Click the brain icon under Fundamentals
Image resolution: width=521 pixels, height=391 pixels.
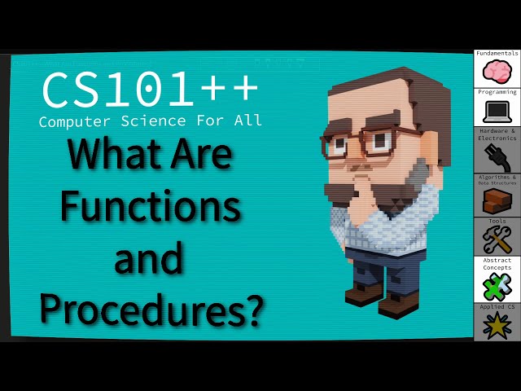[x=497, y=72]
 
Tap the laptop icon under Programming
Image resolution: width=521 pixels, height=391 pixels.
[x=497, y=112]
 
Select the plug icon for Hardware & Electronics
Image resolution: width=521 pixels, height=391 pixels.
[x=497, y=154]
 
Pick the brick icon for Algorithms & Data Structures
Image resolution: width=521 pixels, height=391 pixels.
[x=497, y=200]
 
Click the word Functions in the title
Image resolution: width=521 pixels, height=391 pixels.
[x=151, y=207]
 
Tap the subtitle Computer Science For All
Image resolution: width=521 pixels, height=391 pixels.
[x=151, y=121]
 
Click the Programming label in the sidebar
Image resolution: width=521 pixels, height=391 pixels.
[x=497, y=92]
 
